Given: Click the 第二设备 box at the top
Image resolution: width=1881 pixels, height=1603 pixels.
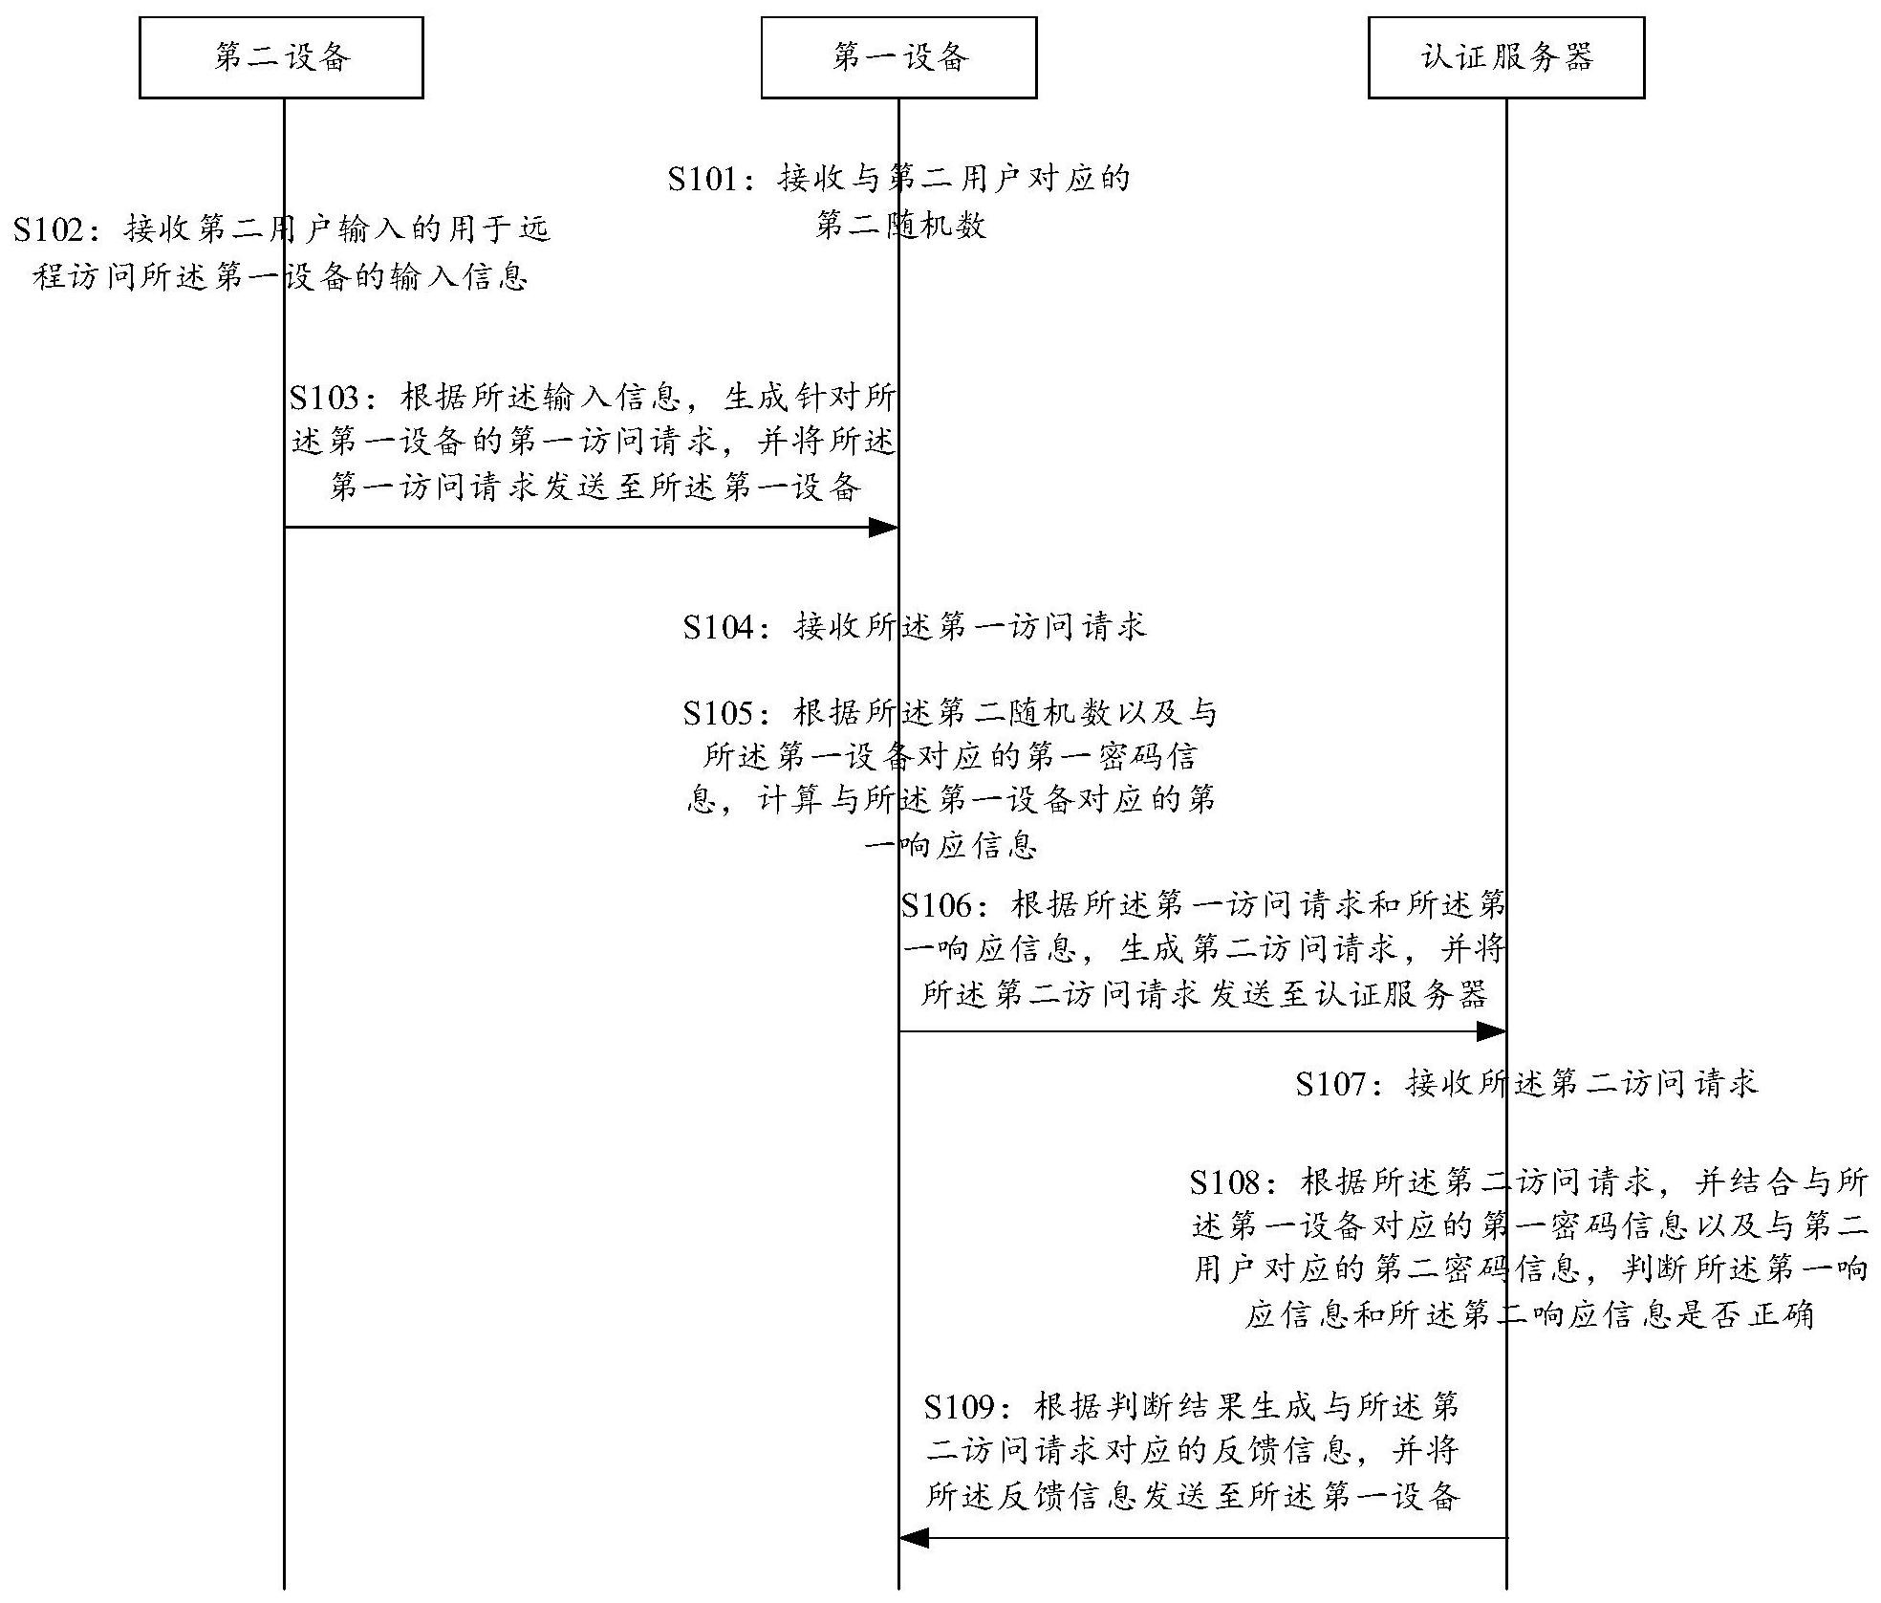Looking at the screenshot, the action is (281, 58).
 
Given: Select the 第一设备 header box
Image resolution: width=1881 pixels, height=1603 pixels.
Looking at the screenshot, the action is (898, 58).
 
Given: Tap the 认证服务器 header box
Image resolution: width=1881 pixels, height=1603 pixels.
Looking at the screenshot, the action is (1506, 58).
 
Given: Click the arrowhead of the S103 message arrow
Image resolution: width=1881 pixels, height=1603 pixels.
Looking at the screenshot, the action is (883, 527).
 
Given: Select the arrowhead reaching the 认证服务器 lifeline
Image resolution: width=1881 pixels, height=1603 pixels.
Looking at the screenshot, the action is (1491, 1031).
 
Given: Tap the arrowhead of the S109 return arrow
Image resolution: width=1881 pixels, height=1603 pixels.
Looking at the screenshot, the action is (915, 1538).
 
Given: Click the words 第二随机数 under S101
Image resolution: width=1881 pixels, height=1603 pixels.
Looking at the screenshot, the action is (900, 226).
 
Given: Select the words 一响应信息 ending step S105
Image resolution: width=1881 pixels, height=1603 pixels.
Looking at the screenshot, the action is (951, 845).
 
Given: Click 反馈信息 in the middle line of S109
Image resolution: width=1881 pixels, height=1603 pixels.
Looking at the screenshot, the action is (1281, 1451).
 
